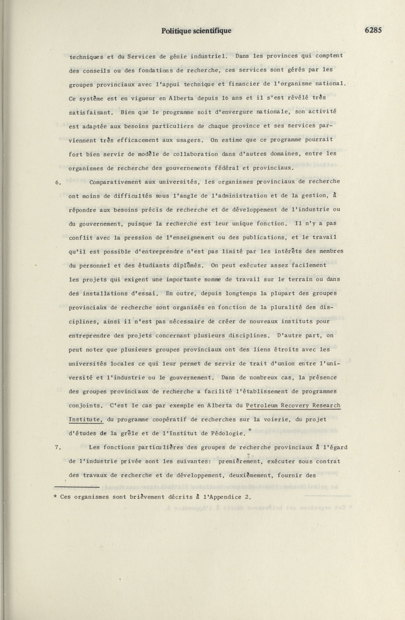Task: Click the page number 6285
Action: click(x=373, y=31)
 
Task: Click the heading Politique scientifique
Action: click(x=196, y=31)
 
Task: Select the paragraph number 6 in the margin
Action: click(x=57, y=182)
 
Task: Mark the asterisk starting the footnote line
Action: click(x=55, y=497)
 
